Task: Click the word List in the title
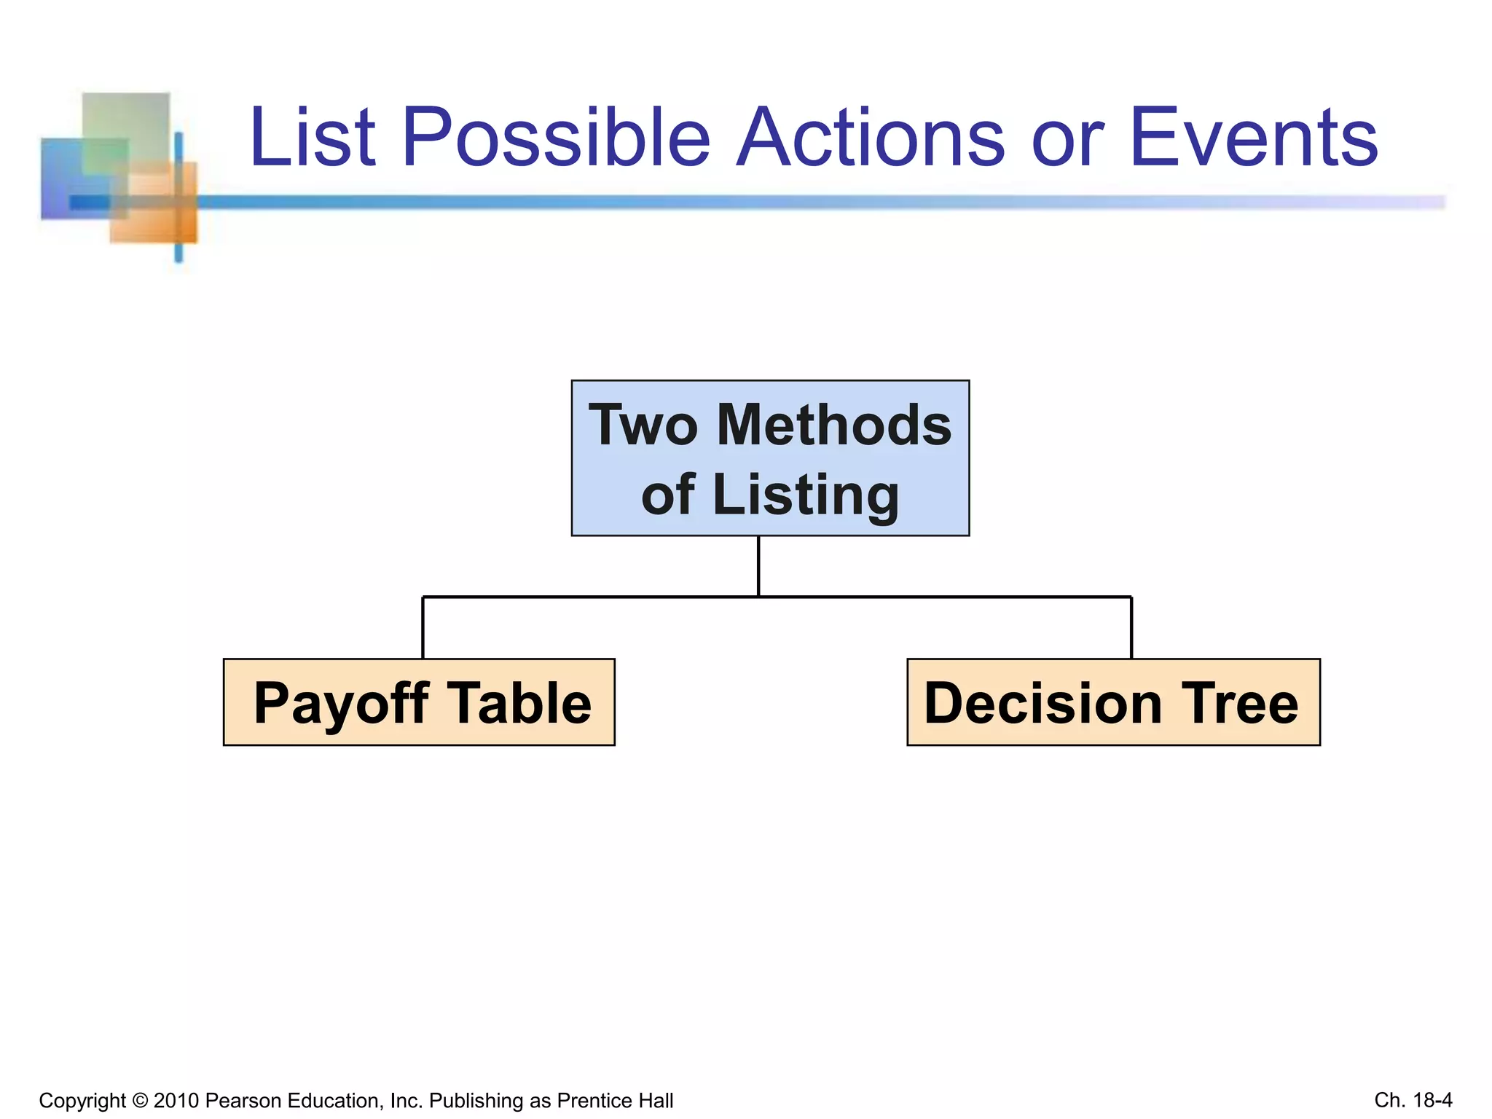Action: pos(313,137)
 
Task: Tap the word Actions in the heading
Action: pos(870,137)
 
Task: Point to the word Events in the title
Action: pos(1253,137)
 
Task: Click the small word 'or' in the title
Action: pos(1067,142)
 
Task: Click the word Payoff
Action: pos(341,704)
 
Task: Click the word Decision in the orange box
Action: pos(1043,704)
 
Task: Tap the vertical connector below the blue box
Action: pos(758,566)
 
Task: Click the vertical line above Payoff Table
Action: pos(423,627)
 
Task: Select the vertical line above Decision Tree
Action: pos(1131,627)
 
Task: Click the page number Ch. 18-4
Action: pos(1413,1099)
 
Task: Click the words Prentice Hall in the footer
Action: pos(615,1100)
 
